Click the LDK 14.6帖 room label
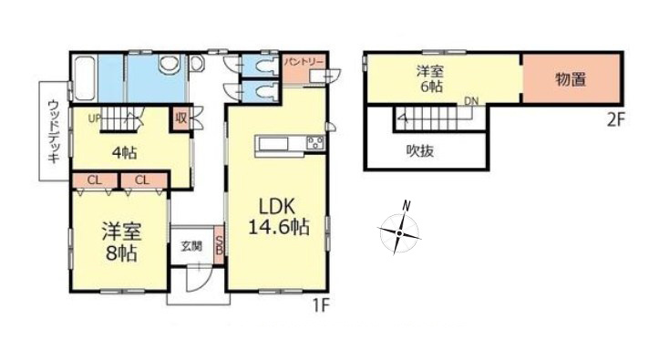click(279, 216)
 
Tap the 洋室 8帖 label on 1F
click(121, 242)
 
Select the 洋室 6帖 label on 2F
click(430, 78)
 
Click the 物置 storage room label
click(571, 79)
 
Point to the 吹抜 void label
click(420, 150)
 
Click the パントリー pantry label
click(304, 63)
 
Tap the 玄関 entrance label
click(191, 246)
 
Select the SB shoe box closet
click(219, 245)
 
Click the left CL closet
click(95, 180)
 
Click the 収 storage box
click(181, 118)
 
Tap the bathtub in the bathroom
click(85, 78)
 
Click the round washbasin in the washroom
click(170, 65)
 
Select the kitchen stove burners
click(315, 142)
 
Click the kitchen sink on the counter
click(273, 144)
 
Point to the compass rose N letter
click(406, 206)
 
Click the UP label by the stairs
click(95, 118)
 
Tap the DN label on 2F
click(471, 101)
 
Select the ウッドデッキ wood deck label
click(54, 131)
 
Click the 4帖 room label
click(124, 152)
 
